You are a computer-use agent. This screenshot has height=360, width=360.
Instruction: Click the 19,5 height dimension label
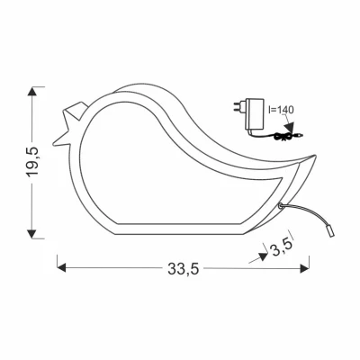click(x=33, y=162)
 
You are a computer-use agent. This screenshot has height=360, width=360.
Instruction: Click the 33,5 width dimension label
click(x=184, y=268)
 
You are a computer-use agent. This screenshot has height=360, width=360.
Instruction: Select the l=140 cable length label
click(x=281, y=110)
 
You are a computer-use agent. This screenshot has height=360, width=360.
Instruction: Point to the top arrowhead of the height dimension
click(x=32, y=91)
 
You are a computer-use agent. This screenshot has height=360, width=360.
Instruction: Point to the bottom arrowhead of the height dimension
click(x=31, y=234)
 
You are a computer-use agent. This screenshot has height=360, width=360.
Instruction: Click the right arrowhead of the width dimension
click(x=305, y=268)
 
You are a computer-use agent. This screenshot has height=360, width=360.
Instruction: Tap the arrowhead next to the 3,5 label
click(x=263, y=256)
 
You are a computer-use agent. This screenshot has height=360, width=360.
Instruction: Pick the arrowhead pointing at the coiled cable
click(x=290, y=127)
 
